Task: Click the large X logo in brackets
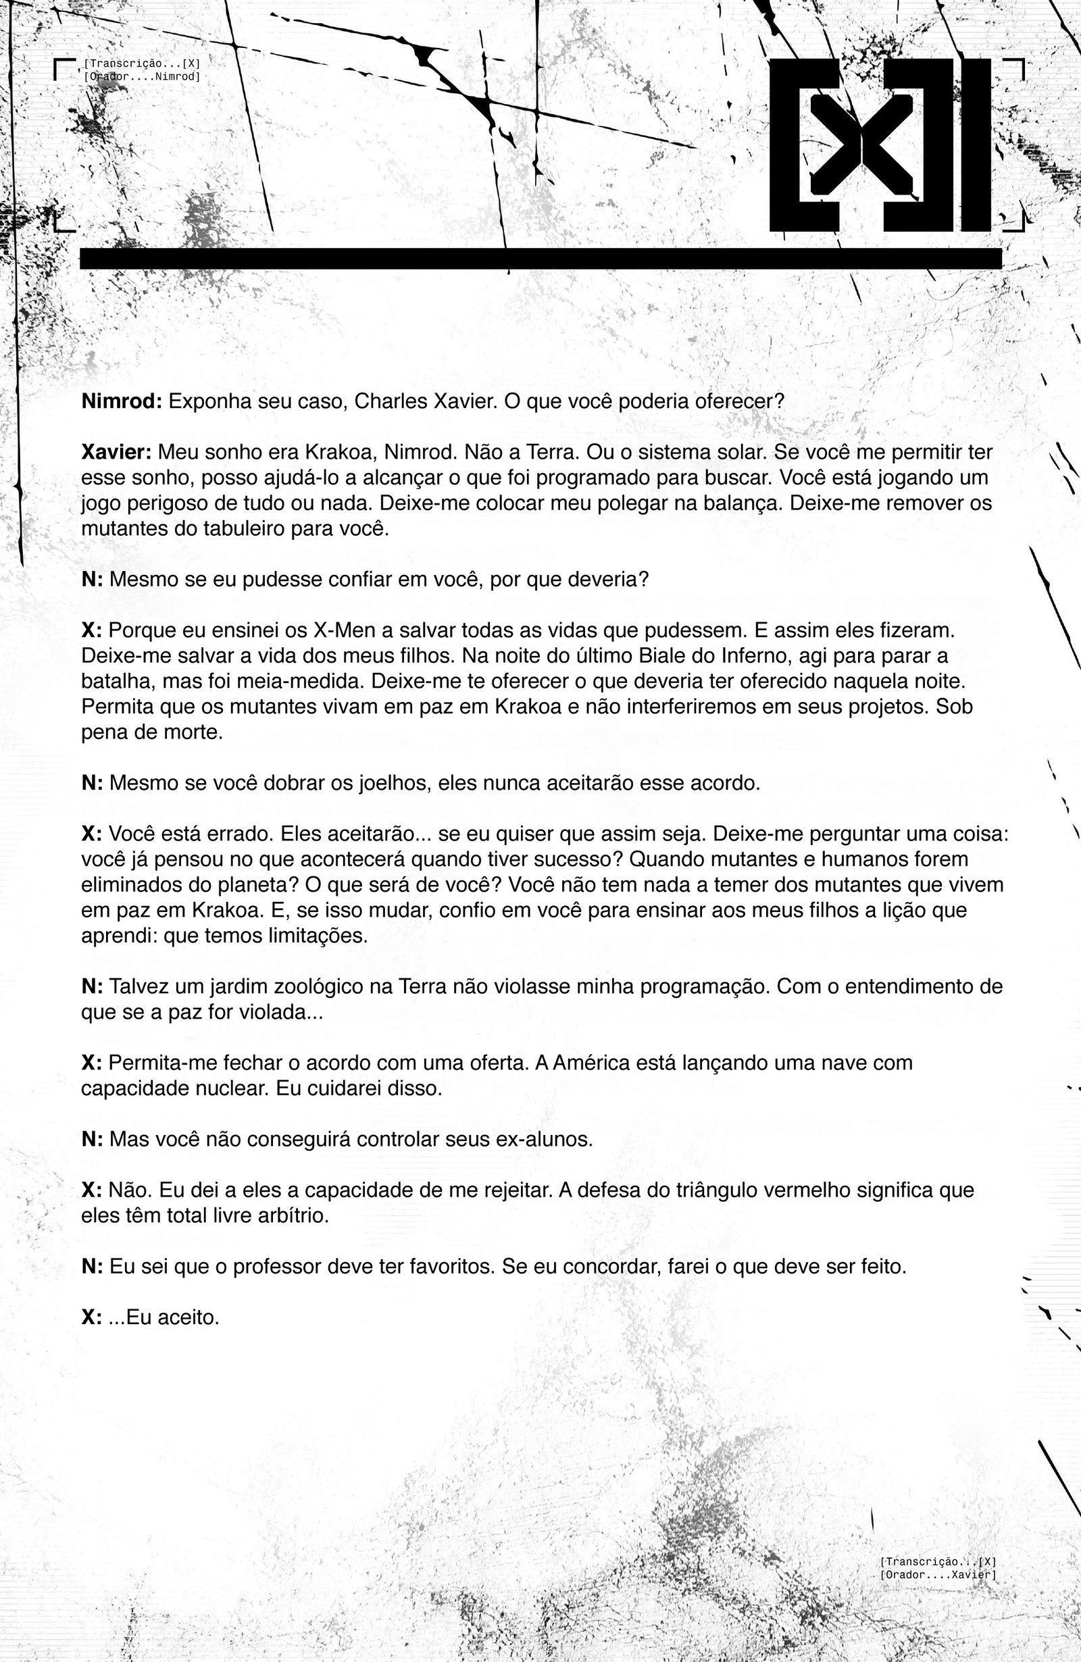coord(880,145)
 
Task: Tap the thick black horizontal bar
coord(540,258)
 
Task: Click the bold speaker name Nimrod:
coord(122,401)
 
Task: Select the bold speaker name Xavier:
coord(116,453)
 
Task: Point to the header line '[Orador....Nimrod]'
coord(142,77)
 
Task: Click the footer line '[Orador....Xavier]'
coord(938,1575)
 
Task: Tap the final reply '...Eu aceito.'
coord(164,1317)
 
